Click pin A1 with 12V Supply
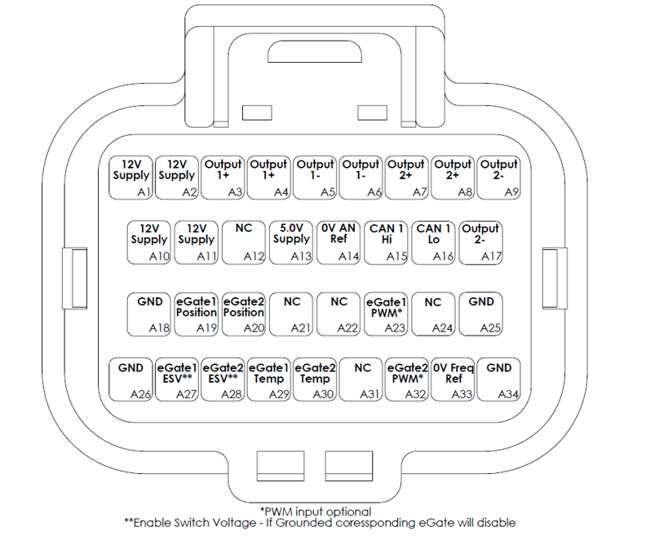click(131, 178)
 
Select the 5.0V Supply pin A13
click(291, 243)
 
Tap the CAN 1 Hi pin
click(386, 243)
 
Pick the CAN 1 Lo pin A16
click(433, 243)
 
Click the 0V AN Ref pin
click(338, 243)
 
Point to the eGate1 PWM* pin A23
click(386, 314)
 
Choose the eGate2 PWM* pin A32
click(407, 379)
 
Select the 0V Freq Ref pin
click(453, 379)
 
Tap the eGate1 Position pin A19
click(196, 314)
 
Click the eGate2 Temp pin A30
click(315, 379)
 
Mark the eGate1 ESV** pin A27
click(177, 379)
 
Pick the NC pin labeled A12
click(244, 243)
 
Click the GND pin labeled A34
click(498, 379)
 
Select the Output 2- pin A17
click(480, 243)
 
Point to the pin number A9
click(511, 192)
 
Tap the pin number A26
click(140, 394)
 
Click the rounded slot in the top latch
click(315, 52)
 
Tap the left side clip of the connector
click(74, 279)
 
